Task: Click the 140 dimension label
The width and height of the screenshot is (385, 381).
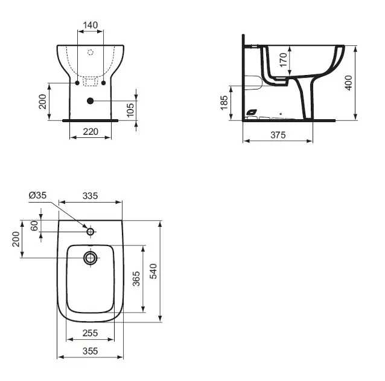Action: click(91, 25)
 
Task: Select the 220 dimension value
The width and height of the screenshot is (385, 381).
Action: click(91, 132)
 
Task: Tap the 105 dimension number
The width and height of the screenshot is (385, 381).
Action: click(130, 110)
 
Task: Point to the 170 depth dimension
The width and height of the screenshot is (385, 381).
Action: click(284, 60)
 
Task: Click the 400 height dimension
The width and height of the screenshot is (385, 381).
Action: click(348, 83)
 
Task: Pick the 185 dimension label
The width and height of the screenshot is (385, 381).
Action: click(224, 103)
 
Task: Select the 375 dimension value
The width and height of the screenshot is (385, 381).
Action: click(278, 135)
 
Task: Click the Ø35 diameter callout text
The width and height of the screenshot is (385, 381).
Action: click(37, 195)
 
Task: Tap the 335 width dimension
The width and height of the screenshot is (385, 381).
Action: click(90, 196)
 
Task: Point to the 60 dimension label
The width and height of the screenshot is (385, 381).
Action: click(34, 226)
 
